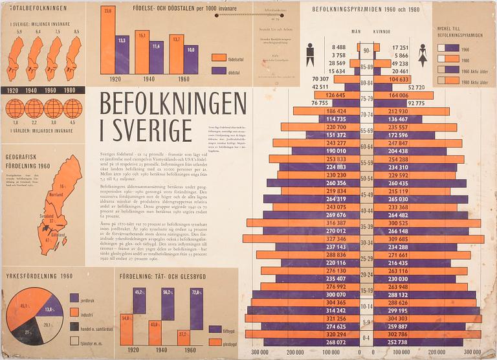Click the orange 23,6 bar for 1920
point(107,41)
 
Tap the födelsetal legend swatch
point(218,57)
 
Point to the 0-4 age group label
point(367,338)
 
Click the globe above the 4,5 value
point(74,107)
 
